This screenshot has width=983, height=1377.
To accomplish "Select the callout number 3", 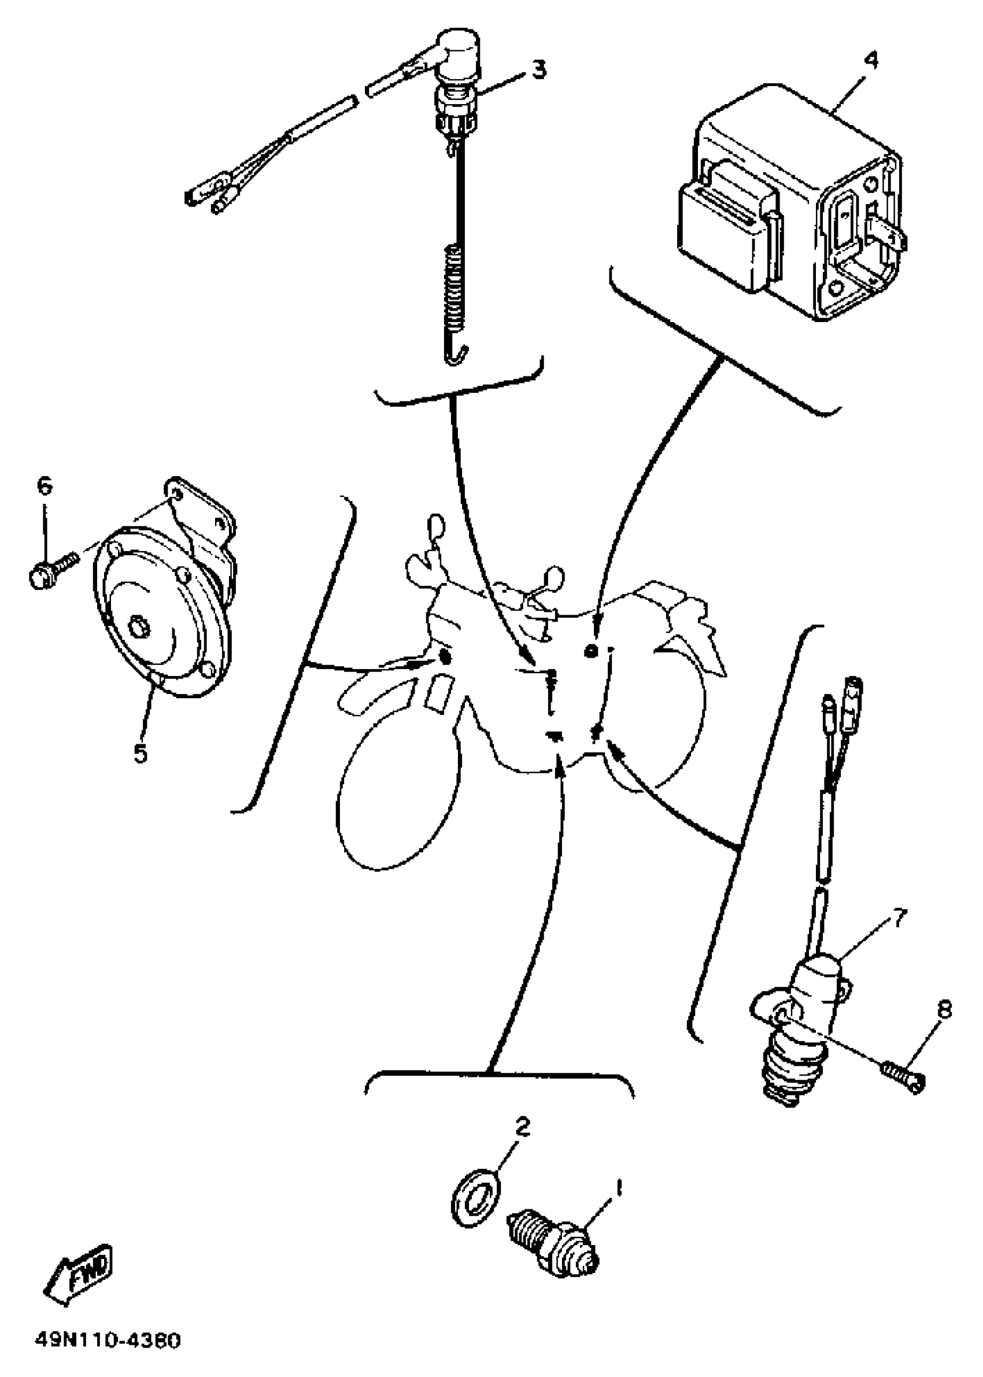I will coord(538,69).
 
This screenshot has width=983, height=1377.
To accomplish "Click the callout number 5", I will coord(141,753).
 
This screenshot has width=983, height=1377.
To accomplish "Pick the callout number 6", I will coord(46,486).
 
